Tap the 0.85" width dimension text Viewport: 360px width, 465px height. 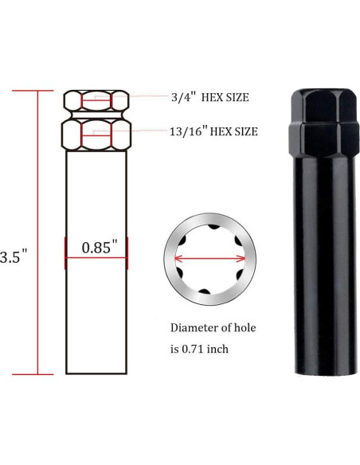96,247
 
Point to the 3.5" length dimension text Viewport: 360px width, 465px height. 14,256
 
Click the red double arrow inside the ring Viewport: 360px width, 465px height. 210,258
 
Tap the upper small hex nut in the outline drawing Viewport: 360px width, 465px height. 96,101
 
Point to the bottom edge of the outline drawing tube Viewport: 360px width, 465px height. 96,373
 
